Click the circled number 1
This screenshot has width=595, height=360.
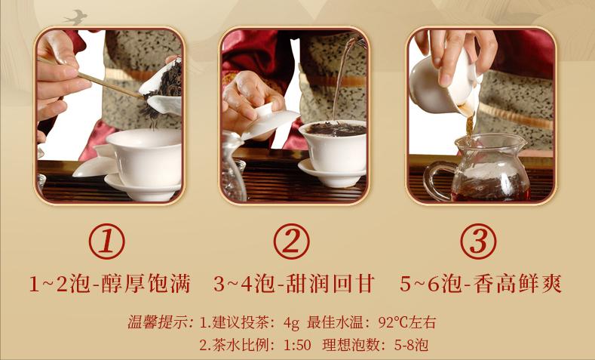106,242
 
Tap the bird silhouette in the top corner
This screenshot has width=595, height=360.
75,16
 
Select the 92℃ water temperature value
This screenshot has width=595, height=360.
393,323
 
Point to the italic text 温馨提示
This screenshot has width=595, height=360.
160,323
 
